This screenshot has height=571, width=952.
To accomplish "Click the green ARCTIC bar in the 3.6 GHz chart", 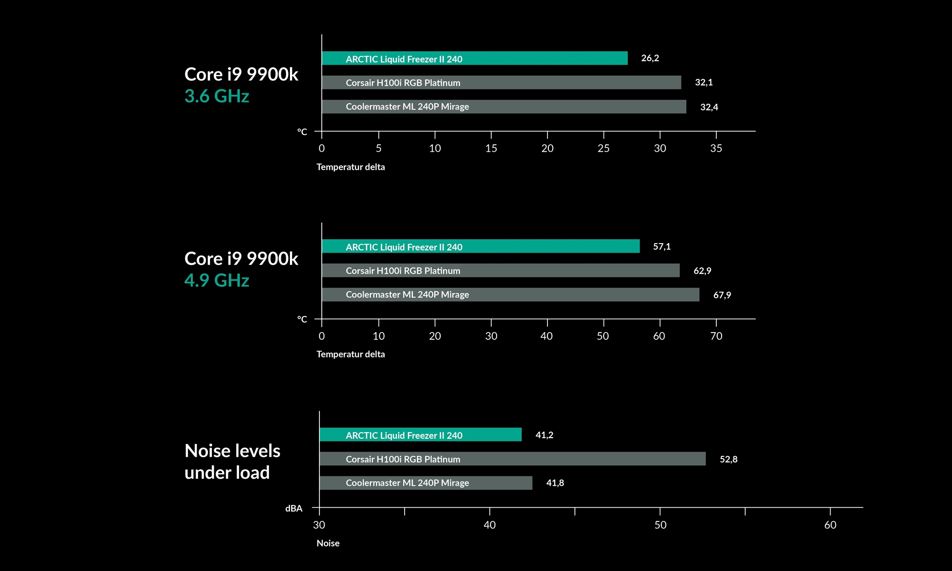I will [475, 59].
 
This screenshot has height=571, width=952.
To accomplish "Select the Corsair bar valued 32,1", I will [501, 82].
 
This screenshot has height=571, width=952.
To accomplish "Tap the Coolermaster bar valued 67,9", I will [510, 295].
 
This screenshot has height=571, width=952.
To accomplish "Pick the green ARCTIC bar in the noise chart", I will [420, 435].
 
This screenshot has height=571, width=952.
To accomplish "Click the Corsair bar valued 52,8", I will [512, 459].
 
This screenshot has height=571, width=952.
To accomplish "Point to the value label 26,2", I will [650, 58].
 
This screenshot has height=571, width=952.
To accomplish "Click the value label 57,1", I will [662, 246].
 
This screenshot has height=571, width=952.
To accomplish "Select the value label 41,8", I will [555, 483].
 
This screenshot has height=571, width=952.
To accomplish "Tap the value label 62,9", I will [702, 271].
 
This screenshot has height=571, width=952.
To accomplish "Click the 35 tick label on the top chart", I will [716, 148].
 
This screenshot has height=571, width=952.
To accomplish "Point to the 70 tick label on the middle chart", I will [716, 336].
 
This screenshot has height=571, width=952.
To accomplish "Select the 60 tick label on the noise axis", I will [830, 525].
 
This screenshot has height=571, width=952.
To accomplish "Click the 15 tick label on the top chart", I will [491, 148].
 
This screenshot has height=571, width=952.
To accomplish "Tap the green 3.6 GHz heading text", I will [217, 96].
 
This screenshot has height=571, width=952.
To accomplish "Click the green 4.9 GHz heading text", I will [217, 280].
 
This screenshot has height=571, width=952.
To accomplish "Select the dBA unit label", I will [294, 509].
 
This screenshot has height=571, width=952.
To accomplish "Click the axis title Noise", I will [328, 543].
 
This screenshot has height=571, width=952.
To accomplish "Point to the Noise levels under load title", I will [232, 462].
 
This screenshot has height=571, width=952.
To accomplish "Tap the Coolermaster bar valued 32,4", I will [504, 107].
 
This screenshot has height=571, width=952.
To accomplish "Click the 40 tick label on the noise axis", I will [489, 525].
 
